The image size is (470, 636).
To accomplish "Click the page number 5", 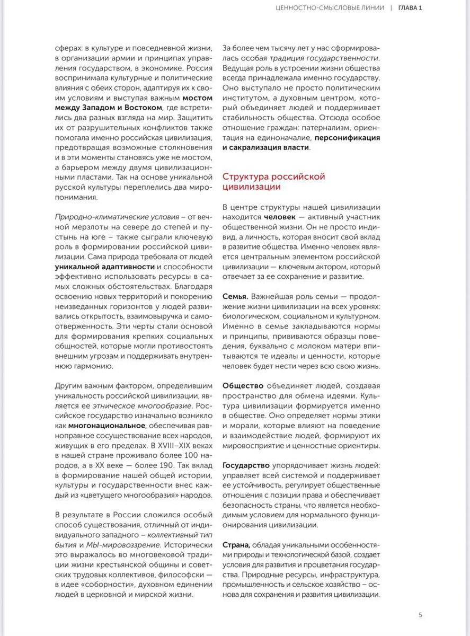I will click(420, 615).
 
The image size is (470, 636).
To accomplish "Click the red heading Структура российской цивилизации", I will click(273, 182).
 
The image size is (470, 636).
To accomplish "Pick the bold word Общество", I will click(243, 386).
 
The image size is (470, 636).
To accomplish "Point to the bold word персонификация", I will click(347, 137).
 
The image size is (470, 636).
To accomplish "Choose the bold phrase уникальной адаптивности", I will click(105, 267).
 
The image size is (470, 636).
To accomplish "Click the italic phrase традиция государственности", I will click(324, 58).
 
